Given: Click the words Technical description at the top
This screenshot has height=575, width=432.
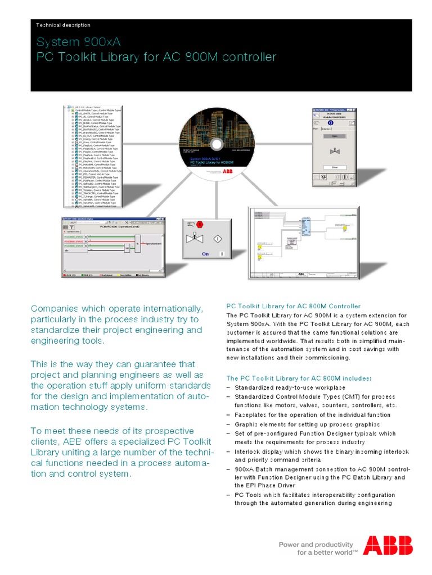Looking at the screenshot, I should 63,25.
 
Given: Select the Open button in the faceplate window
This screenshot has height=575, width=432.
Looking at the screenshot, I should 334,135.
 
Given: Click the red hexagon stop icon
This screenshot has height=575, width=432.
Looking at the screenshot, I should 206,224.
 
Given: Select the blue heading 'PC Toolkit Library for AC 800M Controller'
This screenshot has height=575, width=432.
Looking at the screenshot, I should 293,306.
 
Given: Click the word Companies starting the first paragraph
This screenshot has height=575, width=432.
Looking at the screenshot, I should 54,309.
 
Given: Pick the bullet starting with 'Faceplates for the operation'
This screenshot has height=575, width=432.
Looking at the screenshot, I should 312,414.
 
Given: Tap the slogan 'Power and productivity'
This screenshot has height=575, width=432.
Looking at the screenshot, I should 316,544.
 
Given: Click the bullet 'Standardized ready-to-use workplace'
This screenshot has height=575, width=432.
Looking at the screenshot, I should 290,387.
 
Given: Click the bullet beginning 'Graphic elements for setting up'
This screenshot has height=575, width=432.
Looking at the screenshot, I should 307,424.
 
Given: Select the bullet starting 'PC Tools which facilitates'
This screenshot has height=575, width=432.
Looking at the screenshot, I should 314,495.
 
